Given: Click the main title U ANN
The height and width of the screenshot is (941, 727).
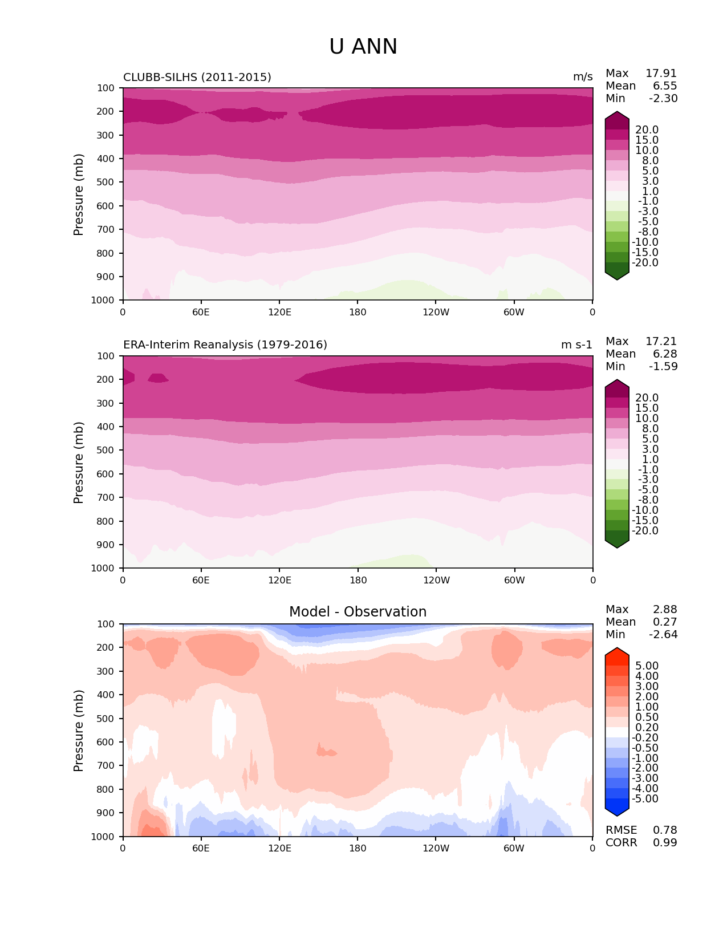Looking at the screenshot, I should (x=363, y=47).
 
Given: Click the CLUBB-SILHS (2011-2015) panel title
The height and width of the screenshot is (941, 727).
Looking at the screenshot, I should (x=197, y=77).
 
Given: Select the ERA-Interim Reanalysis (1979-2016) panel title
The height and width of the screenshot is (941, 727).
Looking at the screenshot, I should (x=225, y=345).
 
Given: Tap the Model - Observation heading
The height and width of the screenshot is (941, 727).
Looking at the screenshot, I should (x=358, y=612).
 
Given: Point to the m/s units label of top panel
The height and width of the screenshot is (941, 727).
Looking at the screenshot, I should (x=583, y=77).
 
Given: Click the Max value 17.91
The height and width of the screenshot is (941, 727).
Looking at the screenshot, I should (x=661, y=74).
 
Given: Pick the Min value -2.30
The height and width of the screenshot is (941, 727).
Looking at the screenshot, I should (x=663, y=99).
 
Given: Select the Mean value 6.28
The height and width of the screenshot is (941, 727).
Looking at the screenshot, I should (x=665, y=354).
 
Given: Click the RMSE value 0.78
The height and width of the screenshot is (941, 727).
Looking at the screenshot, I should (x=665, y=830).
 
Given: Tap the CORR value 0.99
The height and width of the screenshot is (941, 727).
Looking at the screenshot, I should (x=665, y=843).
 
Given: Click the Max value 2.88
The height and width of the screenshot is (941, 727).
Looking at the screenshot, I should (x=665, y=610).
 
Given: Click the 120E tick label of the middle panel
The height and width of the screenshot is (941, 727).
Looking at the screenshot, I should (x=279, y=581).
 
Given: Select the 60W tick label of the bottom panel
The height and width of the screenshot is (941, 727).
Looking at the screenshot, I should (x=514, y=849).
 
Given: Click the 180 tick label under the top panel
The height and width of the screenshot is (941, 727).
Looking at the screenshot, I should (x=358, y=313).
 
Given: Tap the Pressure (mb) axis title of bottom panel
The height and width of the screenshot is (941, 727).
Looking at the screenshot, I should (x=79, y=731).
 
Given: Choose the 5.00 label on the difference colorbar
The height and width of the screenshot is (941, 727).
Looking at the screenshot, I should (x=647, y=666).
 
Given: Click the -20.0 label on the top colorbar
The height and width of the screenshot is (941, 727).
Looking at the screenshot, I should (x=645, y=263).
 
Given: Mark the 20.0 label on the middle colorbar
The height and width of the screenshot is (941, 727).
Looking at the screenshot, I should (x=647, y=398).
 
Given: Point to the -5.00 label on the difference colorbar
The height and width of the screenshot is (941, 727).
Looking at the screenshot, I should (x=645, y=799).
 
